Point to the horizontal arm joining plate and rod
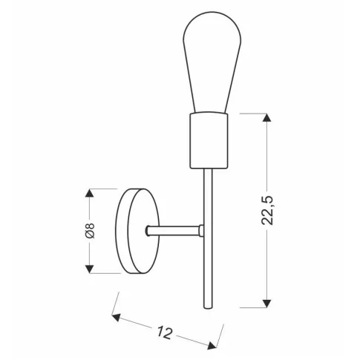pyautogui.click(x=175, y=232)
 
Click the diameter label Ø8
pyautogui.click(x=90, y=231)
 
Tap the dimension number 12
pyautogui.click(x=166, y=332)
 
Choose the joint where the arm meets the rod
pyautogui.click(x=202, y=232)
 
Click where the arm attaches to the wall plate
pyautogui.click(x=149, y=232)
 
